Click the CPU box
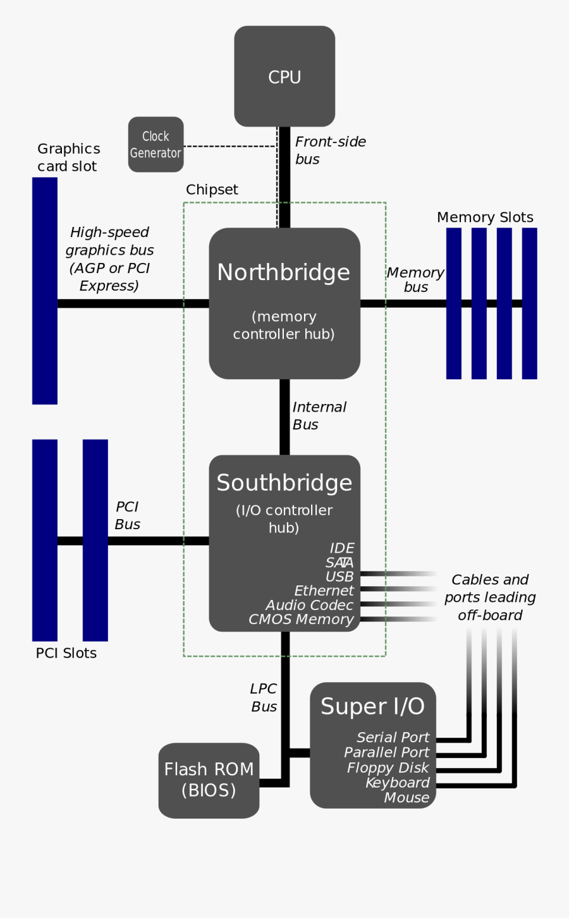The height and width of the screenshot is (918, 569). pos(284,76)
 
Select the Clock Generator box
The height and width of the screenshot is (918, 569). pos(156,144)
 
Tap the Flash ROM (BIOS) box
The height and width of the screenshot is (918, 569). pos(209,780)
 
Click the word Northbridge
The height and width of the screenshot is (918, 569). pos(283,272)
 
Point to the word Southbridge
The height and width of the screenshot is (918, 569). pos(284,483)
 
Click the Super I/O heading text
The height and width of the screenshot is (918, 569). pos(372,706)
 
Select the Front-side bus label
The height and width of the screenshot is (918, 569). pos(330,150)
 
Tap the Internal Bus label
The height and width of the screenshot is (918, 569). pos(319,416)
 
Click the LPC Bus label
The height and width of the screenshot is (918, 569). pos(264,698)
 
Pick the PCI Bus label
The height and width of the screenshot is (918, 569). pos(127,515)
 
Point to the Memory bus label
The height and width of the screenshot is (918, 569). pos(415,279)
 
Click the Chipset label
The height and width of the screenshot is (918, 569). pos(212,190)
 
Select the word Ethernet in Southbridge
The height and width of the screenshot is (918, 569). pos(324,591)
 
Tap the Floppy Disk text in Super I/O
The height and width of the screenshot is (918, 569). pos(388,768)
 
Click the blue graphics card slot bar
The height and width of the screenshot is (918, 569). pos(45,291)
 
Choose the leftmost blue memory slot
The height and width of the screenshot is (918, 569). pos(454,303)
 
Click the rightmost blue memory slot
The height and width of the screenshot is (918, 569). pos(529,303)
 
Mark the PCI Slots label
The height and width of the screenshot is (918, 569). pos(66,653)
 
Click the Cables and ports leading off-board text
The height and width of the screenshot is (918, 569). pos(490,597)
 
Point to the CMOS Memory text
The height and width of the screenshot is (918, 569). pos(301,620)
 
